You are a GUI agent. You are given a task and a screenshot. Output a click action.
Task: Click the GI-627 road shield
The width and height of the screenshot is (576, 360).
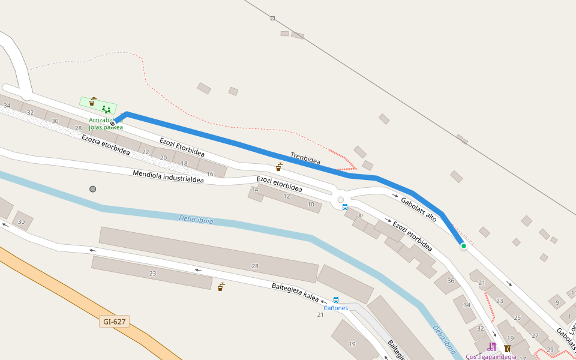tap(115, 322)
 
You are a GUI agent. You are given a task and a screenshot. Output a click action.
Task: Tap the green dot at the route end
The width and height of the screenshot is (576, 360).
tap(463, 245)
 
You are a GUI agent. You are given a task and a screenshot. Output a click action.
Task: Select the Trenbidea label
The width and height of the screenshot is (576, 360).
tap(305, 158)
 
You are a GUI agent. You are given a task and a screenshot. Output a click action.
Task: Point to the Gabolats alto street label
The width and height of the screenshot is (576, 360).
tap(418, 209)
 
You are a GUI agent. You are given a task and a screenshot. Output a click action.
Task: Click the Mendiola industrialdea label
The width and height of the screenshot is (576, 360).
tap(173, 178)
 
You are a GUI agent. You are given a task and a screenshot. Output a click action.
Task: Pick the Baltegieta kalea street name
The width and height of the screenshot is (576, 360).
tap(295, 292)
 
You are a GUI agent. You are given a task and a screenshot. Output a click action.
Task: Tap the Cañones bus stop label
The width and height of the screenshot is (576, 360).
tap(335, 308)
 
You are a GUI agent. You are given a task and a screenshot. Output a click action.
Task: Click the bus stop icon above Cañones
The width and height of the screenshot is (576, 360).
tap(335, 300)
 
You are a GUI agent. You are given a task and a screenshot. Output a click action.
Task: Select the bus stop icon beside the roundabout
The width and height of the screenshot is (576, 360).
tap(344, 207)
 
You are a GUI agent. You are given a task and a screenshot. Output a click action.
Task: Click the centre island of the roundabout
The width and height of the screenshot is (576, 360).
tap(340, 200)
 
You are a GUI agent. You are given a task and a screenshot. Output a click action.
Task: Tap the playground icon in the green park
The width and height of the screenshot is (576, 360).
tap(106, 109)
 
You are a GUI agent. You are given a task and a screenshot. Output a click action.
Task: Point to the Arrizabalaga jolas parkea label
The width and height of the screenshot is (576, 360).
tap(106, 124)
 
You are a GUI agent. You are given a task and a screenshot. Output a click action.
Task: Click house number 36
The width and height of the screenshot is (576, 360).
tap(451, 280)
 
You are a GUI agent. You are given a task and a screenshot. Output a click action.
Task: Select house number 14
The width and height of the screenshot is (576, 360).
tap(254, 190)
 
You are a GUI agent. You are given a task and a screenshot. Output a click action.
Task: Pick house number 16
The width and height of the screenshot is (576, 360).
tap(209, 174)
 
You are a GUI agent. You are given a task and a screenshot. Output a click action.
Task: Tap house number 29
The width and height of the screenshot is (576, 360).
tap(550, 349)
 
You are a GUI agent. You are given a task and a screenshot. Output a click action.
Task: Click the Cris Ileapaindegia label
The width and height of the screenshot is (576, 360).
tap(491, 356)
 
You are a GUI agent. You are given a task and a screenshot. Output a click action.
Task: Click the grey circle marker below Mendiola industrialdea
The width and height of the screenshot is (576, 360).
tap(92, 189)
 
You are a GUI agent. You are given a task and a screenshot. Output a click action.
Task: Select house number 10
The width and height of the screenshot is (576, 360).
tap(311, 205)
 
